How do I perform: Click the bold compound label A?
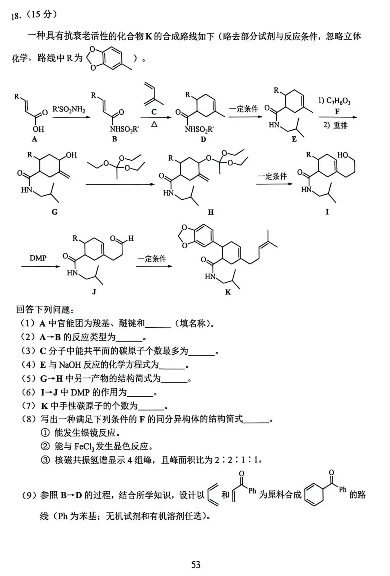point(35,139)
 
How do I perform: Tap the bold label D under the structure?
point(203,139)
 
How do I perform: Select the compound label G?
point(55,212)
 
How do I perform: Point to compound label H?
point(211,212)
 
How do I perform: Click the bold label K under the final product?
point(228,292)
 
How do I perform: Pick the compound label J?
point(94,292)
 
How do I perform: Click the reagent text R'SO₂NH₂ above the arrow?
point(69,110)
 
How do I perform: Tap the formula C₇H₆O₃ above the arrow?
point(338,101)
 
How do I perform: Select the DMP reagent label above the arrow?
point(38,258)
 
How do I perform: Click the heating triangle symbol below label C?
point(154,124)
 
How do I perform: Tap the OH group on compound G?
point(71,155)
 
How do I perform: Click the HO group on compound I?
point(343,155)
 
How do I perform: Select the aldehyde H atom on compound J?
point(131,238)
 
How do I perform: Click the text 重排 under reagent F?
point(341,125)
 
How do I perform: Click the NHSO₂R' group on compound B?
point(124,129)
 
